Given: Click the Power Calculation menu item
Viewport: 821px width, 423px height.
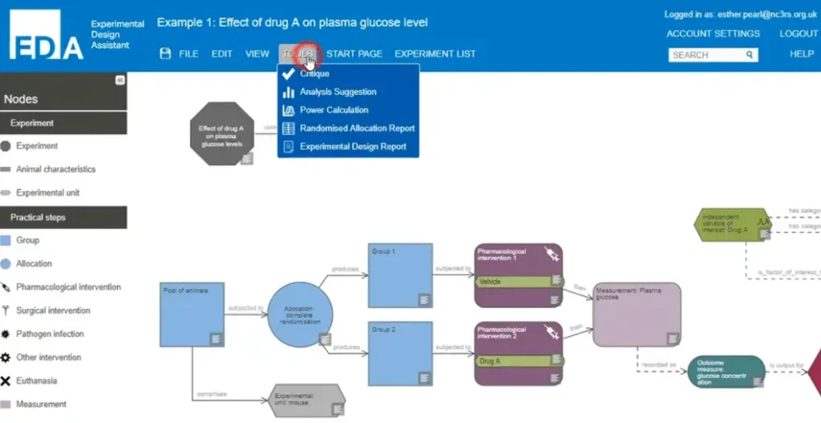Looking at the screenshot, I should click(334, 110).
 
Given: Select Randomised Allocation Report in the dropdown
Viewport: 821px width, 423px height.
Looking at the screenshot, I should click(357, 128).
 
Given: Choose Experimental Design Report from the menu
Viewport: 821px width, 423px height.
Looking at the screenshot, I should click(353, 147).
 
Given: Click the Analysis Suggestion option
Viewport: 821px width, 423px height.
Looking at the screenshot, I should click(338, 92).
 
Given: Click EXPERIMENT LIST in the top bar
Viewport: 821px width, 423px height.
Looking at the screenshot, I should click(435, 54).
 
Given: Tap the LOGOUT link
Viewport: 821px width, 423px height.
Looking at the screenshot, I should click(799, 34).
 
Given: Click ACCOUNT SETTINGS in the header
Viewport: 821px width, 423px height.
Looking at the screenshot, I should click(713, 34).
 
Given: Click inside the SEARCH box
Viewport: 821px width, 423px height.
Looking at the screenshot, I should click(707, 55).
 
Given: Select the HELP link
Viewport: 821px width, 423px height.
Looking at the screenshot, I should click(802, 54).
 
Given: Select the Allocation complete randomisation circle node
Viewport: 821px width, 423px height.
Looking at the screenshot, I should click(299, 315).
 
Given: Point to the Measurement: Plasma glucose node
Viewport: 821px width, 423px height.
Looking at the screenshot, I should click(637, 314).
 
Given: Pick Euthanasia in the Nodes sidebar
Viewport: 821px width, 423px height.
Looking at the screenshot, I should click(37, 380).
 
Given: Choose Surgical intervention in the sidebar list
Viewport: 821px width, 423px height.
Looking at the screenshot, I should click(53, 311).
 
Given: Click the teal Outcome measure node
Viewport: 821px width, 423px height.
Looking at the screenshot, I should click(726, 372).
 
